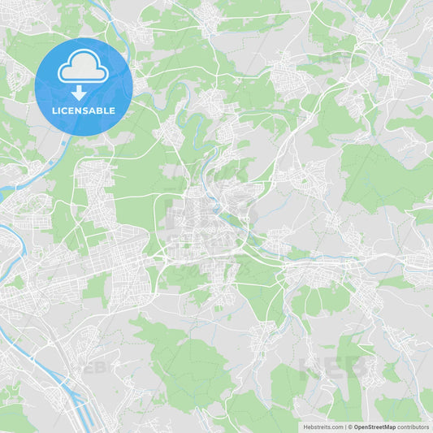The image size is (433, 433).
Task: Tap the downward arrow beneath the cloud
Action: point(84,93)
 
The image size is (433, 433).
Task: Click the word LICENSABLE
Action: point(84,110)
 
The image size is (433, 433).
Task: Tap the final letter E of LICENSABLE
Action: point(113,110)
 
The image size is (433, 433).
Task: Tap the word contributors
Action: point(414,427)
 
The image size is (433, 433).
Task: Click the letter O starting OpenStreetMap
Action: point(355,427)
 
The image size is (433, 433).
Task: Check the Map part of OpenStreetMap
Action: point(389,427)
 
